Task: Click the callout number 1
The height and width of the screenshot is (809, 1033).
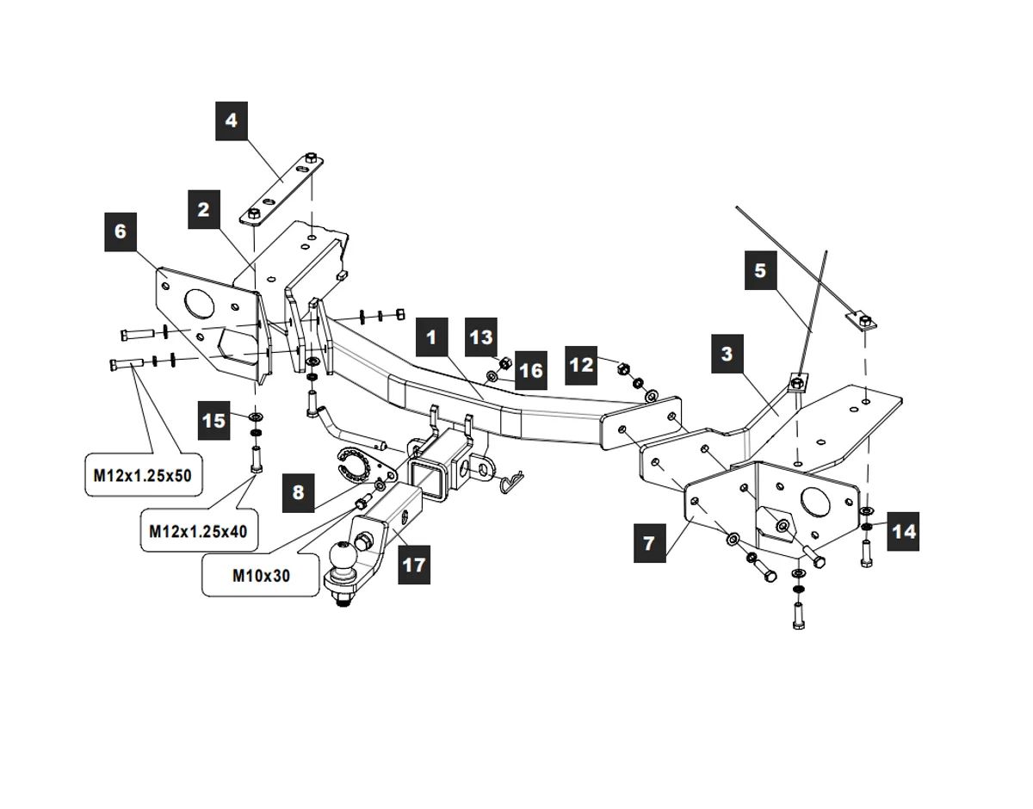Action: point(431,337)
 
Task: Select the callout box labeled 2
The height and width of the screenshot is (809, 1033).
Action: point(203,209)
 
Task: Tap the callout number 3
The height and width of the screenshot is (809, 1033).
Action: point(727,353)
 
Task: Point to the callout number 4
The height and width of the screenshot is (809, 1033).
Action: point(231,120)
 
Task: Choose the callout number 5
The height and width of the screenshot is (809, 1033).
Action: point(759,270)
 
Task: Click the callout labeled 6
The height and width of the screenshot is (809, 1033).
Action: point(120,231)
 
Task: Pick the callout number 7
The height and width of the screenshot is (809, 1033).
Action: point(649,542)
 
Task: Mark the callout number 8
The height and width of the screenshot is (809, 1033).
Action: point(298,492)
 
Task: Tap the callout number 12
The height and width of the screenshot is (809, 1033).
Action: point(582,365)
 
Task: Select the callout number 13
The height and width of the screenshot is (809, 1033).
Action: point(482,337)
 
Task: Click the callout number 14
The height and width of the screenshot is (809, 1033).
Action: point(903,531)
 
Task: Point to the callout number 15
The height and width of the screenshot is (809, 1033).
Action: point(213,420)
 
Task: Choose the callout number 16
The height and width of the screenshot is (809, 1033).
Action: point(531,370)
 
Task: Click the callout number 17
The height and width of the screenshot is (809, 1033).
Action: point(414,565)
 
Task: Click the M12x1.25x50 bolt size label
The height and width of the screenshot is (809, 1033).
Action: point(143,474)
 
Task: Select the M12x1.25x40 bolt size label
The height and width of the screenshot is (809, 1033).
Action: point(198,531)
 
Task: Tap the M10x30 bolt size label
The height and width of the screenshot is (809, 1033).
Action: point(262,575)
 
